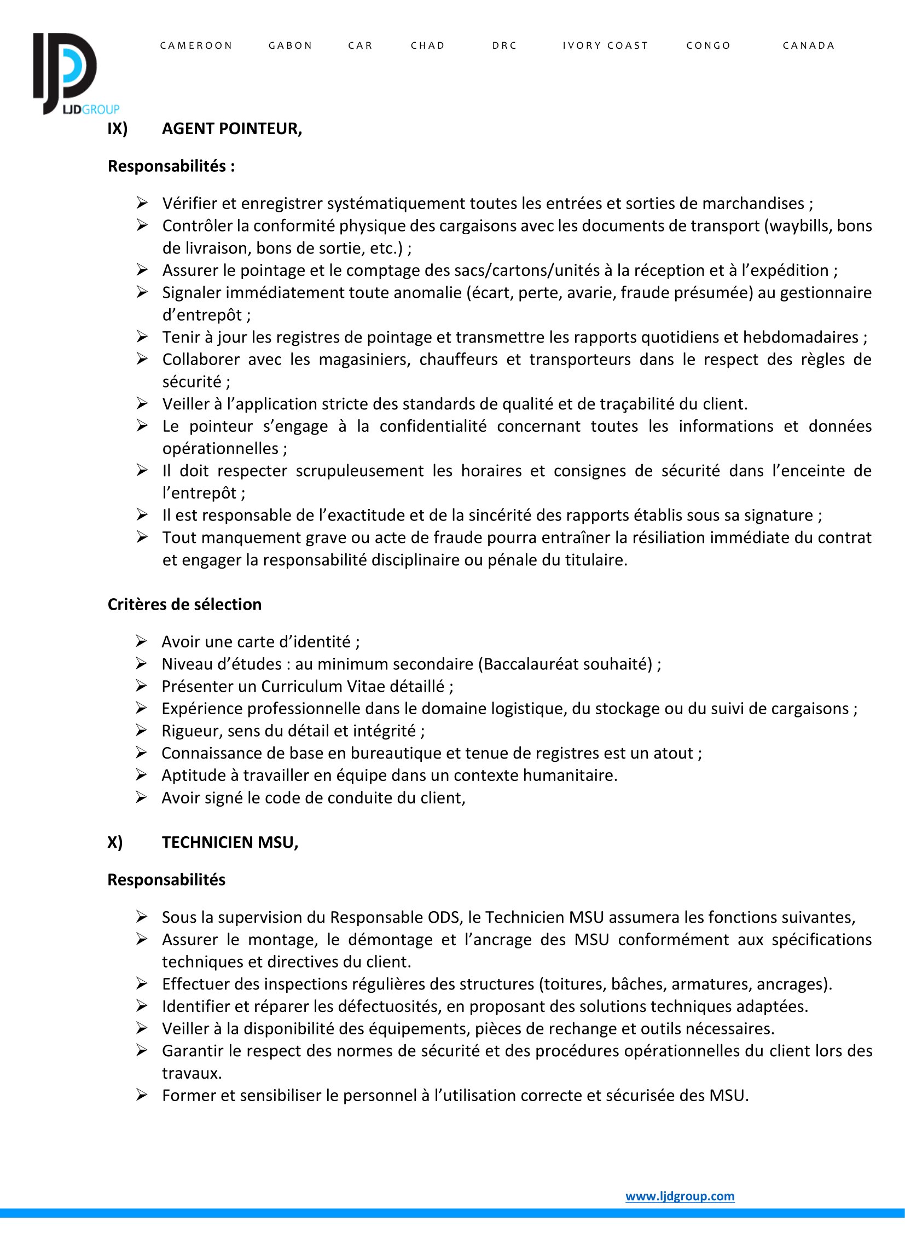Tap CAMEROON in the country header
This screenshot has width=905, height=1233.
click(x=196, y=45)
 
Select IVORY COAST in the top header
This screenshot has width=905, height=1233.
click(x=605, y=45)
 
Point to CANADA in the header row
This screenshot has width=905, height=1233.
click(x=809, y=45)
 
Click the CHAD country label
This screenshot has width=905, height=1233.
click(x=428, y=45)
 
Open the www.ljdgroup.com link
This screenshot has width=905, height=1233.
click(x=680, y=1196)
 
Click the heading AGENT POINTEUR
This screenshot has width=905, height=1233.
click(x=232, y=129)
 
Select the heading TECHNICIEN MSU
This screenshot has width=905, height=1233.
click(x=230, y=842)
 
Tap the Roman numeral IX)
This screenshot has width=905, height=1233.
click(x=117, y=129)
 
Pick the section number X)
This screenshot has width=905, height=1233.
click(x=115, y=842)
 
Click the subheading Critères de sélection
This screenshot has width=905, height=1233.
click(x=184, y=604)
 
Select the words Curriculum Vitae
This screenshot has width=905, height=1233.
click(x=353, y=686)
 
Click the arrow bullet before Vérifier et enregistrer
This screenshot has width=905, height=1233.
click(x=142, y=203)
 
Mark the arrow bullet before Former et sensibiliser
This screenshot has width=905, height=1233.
click(x=142, y=1096)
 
